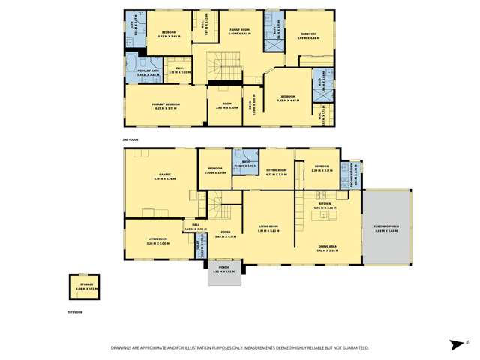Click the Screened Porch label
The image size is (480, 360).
pos(385,229)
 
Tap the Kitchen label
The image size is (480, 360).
pos(324,202)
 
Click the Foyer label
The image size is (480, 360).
pos(226,234)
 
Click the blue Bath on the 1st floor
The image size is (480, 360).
pos(245,163)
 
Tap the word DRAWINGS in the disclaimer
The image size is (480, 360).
pos(124,347)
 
